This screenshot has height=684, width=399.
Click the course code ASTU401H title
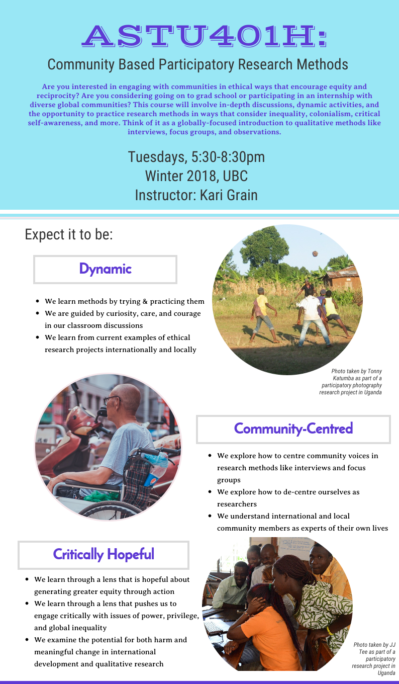pyautogui.click(x=205, y=36)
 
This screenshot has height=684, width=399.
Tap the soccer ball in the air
pyautogui.click(x=315, y=253)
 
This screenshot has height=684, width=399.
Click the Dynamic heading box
pyautogui.click(x=105, y=270)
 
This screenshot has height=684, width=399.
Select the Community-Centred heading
pyautogui.click(x=293, y=429)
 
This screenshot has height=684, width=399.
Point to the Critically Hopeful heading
pyautogui.click(x=104, y=555)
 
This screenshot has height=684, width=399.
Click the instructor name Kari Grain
pyautogui.click(x=229, y=195)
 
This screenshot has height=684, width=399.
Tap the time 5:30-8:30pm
pyautogui.click(x=228, y=157)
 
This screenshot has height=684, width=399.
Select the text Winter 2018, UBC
pyautogui.click(x=196, y=176)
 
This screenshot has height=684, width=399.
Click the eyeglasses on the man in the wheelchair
pyautogui.click(x=112, y=399)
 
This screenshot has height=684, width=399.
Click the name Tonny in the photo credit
pyautogui.click(x=375, y=371)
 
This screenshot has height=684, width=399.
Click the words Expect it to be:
pyautogui.click(x=69, y=234)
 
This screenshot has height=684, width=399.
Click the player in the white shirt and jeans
pyautogui.click(x=313, y=317)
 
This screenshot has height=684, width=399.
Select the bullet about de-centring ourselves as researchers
pyautogui.click(x=288, y=498)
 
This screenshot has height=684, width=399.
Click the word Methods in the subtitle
pyautogui.click(x=323, y=64)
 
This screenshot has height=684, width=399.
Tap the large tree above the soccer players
pyautogui.click(x=264, y=247)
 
